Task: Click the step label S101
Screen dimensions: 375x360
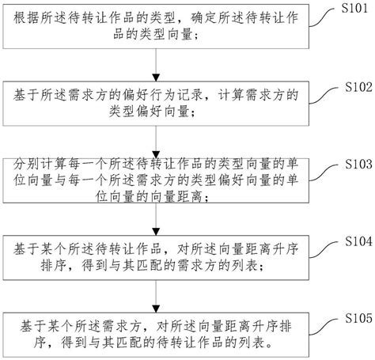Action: tap(354, 8)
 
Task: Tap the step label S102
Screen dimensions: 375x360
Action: tap(358, 87)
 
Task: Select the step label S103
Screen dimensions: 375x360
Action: tap(358, 164)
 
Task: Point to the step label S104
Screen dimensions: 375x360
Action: tap(358, 241)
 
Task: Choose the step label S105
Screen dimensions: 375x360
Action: tap(358, 318)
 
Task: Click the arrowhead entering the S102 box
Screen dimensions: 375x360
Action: tap(156, 78)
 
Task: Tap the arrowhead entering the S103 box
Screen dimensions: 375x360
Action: tap(156, 155)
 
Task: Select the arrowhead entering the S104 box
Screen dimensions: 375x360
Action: tap(156, 232)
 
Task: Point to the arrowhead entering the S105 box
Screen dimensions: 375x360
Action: tap(156, 309)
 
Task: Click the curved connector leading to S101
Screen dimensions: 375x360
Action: tap(324, 17)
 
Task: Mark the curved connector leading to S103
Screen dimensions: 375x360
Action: tap(324, 172)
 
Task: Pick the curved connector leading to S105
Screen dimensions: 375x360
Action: tap(324, 327)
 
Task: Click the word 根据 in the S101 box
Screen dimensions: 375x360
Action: tap(26, 18)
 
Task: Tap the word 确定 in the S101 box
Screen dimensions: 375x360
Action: tap(204, 18)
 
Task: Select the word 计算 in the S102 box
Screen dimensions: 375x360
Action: tap(231, 95)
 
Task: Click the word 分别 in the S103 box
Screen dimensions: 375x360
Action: tap(26, 165)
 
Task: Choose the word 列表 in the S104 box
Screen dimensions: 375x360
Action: tap(244, 266)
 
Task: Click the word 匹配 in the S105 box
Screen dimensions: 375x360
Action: tap(129, 343)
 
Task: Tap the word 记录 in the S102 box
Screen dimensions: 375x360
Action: tap(190, 95)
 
